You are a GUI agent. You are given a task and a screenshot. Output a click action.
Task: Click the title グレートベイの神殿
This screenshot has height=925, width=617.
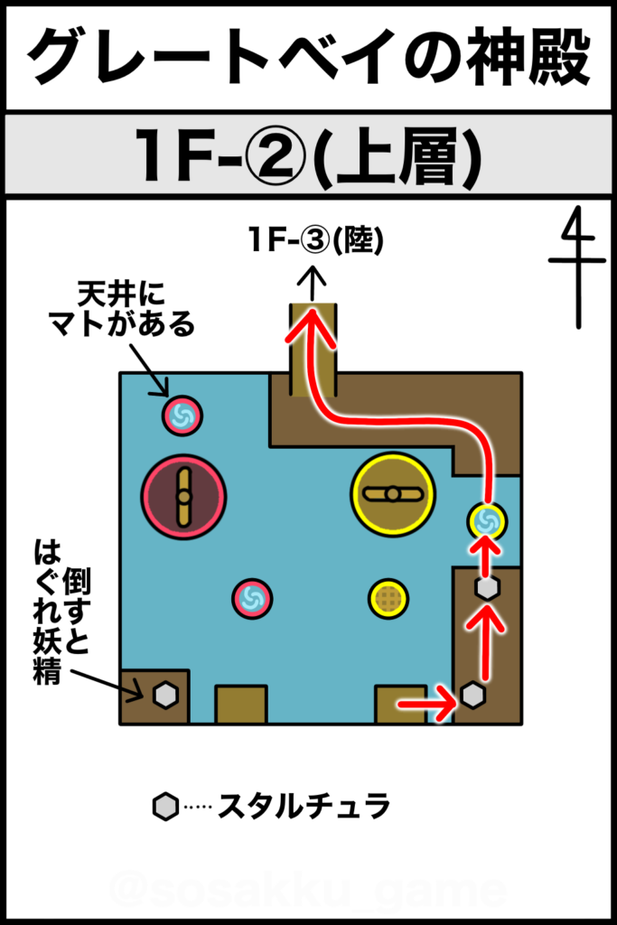point(309,57)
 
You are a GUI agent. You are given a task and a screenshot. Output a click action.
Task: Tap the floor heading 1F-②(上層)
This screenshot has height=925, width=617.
point(309,155)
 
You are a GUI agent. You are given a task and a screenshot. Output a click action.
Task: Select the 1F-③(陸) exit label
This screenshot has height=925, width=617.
point(316,240)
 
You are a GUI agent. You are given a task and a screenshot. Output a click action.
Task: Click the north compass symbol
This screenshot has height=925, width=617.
point(578,266)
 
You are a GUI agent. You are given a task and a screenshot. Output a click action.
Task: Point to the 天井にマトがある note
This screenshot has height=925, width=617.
point(122,309)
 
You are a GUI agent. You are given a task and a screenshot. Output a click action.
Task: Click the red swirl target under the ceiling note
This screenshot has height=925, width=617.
point(182,416)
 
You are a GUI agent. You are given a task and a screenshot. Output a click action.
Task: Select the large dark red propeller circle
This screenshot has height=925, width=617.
point(184,497)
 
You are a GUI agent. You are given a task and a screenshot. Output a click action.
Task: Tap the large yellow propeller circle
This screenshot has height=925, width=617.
point(392,494)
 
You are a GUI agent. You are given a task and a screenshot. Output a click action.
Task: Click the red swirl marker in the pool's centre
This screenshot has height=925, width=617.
point(252,598)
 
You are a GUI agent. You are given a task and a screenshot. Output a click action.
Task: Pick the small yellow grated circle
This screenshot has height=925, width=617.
point(388,598)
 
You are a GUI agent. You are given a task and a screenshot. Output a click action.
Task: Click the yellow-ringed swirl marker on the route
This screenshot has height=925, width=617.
point(487,521)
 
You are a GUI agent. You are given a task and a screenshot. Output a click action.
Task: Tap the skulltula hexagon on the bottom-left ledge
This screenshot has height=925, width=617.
point(165,695)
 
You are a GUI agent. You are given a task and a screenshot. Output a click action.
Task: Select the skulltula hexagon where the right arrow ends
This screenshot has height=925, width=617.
point(472,695)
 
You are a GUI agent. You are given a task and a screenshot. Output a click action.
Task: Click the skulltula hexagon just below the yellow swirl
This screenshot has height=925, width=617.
point(487,587)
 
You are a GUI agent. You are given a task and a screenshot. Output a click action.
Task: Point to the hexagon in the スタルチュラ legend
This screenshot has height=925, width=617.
point(165,807)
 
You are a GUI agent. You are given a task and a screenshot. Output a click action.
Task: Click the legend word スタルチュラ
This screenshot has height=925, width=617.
point(304,806)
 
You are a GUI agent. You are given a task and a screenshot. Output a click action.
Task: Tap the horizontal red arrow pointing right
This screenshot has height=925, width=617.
point(426,704)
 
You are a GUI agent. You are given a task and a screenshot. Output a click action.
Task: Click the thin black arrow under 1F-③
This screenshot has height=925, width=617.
point(313,284)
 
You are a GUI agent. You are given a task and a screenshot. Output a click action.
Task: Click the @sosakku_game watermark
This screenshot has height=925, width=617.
point(308,889)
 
